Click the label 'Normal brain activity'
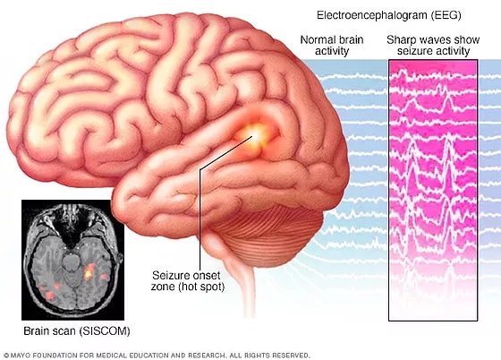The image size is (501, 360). [x=332, y=46]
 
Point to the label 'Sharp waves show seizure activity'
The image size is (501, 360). [x=433, y=46]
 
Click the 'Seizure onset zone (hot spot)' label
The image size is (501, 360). [x=188, y=280]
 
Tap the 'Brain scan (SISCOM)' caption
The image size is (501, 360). [x=77, y=331]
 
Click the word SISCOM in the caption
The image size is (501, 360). [x=105, y=331]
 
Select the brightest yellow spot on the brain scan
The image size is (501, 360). [x=89, y=273]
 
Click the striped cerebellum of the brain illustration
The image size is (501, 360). [x=265, y=235]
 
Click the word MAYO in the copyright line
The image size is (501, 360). [x=21, y=356]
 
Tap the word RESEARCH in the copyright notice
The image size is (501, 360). [x=206, y=356]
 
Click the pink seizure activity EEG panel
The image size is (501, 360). [x=433, y=190]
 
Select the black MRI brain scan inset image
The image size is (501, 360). [x=72, y=260]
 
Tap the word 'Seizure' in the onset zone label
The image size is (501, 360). [x=170, y=275]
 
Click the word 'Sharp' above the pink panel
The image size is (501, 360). [x=402, y=40]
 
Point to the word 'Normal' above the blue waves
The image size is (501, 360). [x=318, y=40]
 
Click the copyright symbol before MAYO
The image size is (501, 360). [x=6, y=356]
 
